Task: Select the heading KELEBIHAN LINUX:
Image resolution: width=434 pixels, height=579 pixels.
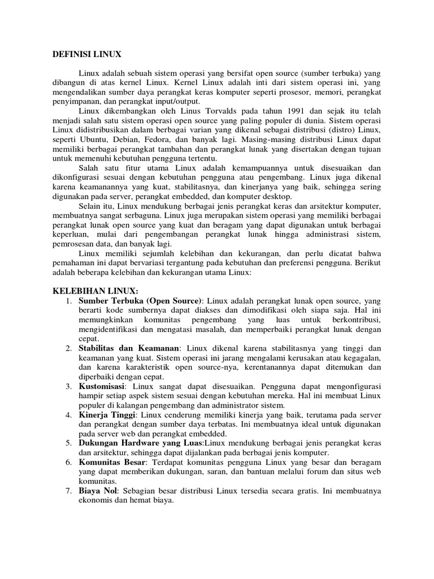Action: pyautogui.click(x=95, y=289)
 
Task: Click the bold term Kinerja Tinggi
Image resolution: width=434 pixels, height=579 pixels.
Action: pyautogui.click(x=104, y=415)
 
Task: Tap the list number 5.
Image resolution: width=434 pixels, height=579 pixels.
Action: pyautogui.click(x=68, y=443)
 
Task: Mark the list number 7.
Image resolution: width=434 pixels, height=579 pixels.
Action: pyautogui.click(x=68, y=491)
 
